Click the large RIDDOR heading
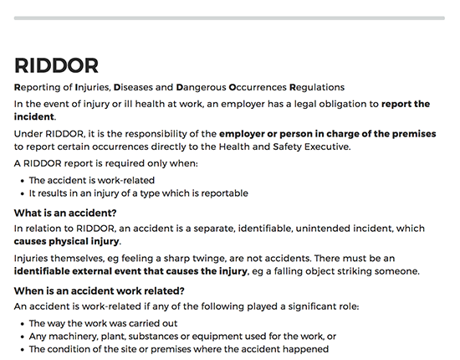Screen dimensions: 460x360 (56, 65)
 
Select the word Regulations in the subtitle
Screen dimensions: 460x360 (317, 86)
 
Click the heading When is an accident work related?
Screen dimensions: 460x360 (100, 291)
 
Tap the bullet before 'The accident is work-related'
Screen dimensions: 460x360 (21, 180)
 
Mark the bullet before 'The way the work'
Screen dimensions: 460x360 (21, 322)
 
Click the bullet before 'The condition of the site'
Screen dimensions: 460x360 (21, 349)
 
